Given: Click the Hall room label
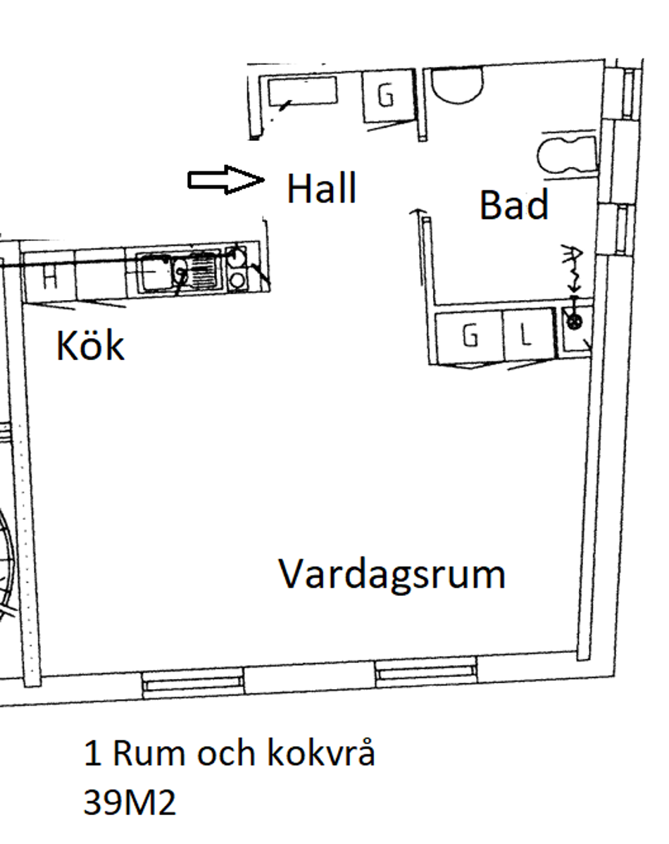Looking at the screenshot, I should pyautogui.click(x=321, y=189).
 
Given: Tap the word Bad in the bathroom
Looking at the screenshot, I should pyautogui.click(x=513, y=206).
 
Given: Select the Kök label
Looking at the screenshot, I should pyautogui.click(x=90, y=347).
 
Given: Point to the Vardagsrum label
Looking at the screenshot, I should pyautogui.click(x=392, y=573).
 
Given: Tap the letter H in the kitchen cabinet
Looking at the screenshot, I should pyautogui.click(x=49, y=277).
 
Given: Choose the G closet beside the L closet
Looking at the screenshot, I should pyautogui.click(x=470, y=337).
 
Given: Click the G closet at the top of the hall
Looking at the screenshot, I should pyautogui.click(x=386, y=96).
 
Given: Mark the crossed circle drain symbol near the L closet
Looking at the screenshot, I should pyautogui.click(x=575, y=323).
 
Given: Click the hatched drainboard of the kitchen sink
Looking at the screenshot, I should pyautogui.click(x=207, y=271).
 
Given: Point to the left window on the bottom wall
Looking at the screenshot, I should pyautogui.click(x=192, y=682).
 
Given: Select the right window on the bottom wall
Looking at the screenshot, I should pyautogui.click(x=425, y=673).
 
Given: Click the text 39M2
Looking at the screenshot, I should pyautogui.click(x=130, y=802).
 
